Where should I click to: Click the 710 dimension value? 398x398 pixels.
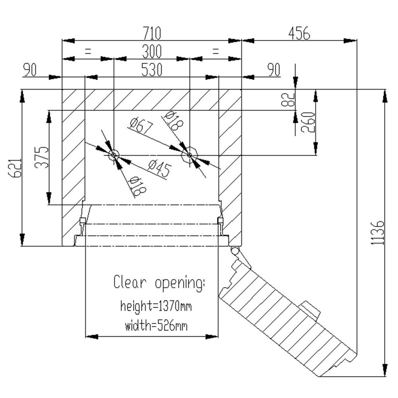pyautogui.click(x=152, y=33)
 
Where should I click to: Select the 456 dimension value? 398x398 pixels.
pyautogui.click(x=299, y=33)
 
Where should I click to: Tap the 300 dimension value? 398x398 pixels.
pyautogui.click(x=152, y=52)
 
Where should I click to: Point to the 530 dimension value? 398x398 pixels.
pyautogui.click(x=152, y=70)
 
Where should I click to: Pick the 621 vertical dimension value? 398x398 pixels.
pyautogui.click(x=14, y=168)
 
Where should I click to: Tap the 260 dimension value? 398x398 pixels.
pyautogui.click(x=308, y=122)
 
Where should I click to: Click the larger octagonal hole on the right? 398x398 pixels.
pyautogui.click(x=190, y=155)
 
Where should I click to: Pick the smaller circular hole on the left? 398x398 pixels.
pyautogui.click(x=113, y=155)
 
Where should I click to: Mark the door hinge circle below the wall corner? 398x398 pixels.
pyautogui.click(x=235, y=251)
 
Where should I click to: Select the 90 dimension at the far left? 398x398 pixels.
pyautogui.click(x=30, y=70)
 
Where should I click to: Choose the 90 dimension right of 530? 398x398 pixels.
pyautogui.click(x=273, y=70)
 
